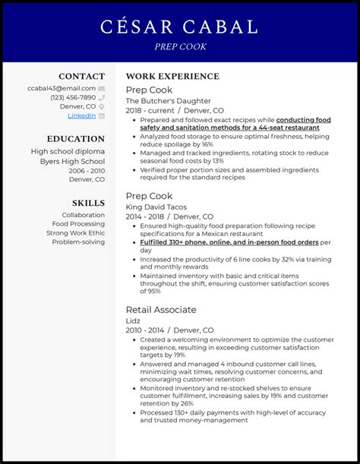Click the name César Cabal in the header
coord(179,27)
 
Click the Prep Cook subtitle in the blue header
coord(179,47)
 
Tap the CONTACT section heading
coord(82,76)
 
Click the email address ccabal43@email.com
coord(63,88)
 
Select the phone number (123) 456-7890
coord(73,97)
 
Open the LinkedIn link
coord(82,115)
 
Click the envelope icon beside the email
coord(101,88)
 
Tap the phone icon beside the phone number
coord(101,97)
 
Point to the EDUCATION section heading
coord(75,139)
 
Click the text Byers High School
coord(73,160)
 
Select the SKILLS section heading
coord(88,203)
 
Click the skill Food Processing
coord(78,224)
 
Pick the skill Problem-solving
coord(79,242)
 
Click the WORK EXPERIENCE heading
coord(172,76)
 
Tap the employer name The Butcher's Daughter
coord(168,100)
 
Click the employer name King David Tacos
coord(156,207)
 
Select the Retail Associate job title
coord(161,310)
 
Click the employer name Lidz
coord(134,321)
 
